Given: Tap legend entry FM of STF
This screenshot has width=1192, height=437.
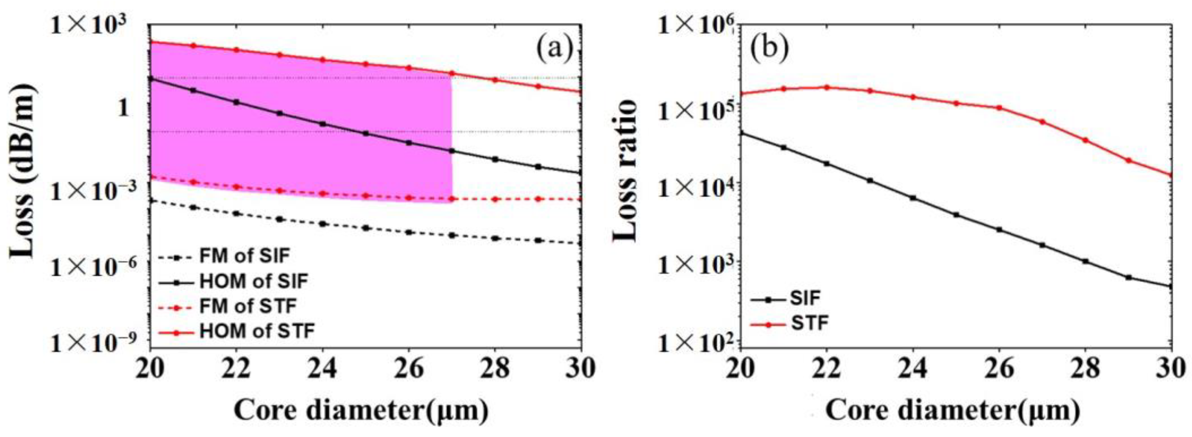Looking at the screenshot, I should point(248,306).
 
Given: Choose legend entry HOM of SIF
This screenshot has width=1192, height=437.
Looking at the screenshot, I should point(254,281).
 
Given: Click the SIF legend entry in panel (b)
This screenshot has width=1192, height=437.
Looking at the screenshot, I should point(805,299).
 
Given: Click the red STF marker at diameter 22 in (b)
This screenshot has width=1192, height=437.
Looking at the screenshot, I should point(827,87).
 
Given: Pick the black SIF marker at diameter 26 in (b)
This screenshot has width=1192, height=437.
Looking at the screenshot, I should point(999,229).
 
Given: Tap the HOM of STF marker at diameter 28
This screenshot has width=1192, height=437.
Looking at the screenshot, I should point(495,80).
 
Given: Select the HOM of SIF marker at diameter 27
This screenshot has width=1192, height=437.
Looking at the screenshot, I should point(452,150).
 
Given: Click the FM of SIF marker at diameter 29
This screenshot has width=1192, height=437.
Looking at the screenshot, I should point(538,240).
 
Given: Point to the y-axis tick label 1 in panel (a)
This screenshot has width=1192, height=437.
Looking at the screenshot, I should point(123,107).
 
